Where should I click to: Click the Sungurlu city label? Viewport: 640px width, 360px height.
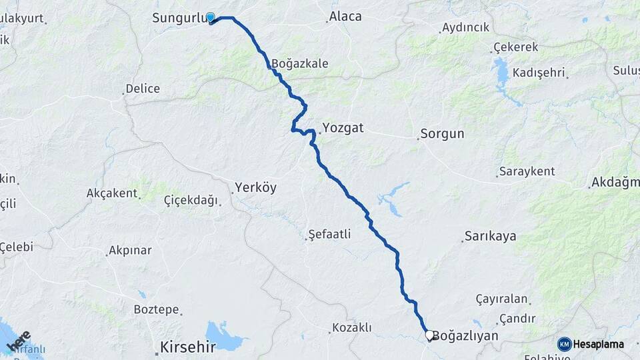click(177, 17)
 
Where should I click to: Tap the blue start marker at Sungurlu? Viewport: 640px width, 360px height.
click(211, 18)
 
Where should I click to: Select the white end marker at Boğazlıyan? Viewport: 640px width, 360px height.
click(429, 335)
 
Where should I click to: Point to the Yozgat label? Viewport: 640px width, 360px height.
click(343, 127)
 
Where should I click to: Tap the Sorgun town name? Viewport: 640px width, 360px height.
click(442, 134)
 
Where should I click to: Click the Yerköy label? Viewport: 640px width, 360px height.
click(255, 188)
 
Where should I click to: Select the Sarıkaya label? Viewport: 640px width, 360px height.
click(490, 236)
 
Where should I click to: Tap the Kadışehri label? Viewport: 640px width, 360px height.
click(540, 73)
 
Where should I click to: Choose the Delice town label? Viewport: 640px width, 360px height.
click(143, 89)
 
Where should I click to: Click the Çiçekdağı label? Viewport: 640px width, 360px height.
click(191, 199)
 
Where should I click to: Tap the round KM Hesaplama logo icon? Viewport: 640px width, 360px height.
click(564, 344)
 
